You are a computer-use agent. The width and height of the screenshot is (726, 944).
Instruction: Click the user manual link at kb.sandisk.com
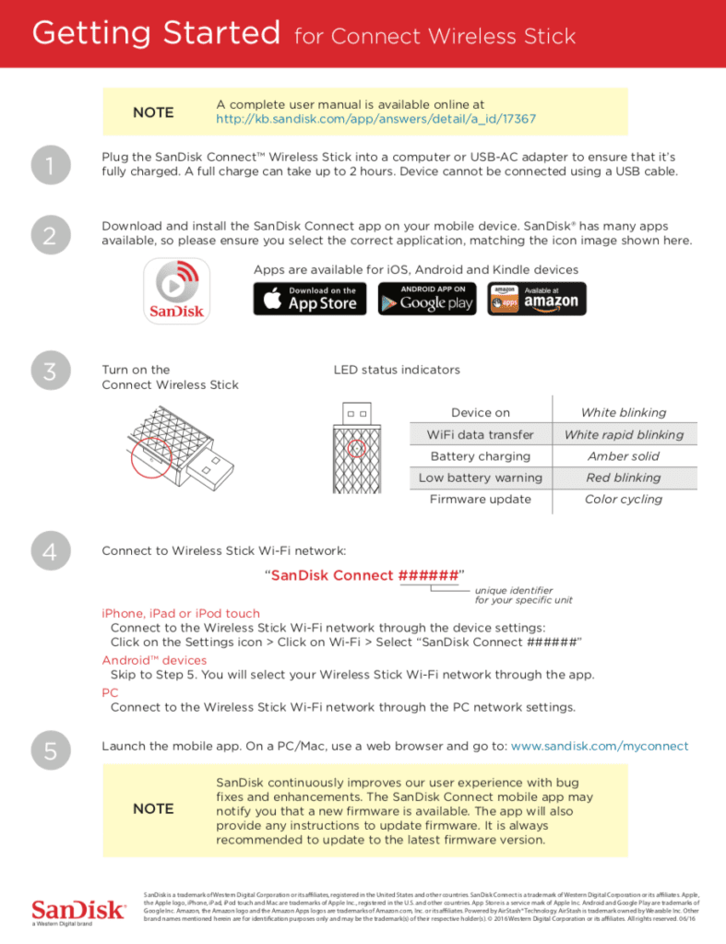[x=375, y=120]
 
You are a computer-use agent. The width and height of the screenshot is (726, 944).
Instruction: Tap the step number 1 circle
[x=50, y=165]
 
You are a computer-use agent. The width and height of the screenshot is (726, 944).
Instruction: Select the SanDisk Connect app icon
[x=176, y=291]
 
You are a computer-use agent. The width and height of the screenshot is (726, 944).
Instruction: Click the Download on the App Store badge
[x=311, y=299]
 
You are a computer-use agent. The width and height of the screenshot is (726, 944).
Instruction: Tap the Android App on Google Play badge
[x=424, y=299]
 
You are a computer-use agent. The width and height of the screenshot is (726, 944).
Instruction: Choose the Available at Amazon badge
[x=537, y=299]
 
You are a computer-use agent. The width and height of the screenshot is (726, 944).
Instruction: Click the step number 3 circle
[x=50, y=372]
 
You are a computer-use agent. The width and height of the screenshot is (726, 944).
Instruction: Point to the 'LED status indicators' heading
[x=396, y=370]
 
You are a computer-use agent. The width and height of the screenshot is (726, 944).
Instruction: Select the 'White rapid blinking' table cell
[x=624, y=434]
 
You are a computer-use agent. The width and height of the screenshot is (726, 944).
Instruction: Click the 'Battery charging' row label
[x=480, y=456]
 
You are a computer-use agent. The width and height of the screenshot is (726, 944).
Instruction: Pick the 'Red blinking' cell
[x=624, y=478]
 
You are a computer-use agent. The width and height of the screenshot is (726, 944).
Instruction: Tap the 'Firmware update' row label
[x=480, y=499]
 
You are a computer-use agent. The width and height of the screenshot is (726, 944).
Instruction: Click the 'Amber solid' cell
[x=624, y=456]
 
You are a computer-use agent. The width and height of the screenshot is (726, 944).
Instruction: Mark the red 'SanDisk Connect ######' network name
[x=364, y=575]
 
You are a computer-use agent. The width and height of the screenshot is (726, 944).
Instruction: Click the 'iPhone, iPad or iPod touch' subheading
[x=181, y=613]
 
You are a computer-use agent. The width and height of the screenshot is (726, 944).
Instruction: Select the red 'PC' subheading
[x=110, y=692]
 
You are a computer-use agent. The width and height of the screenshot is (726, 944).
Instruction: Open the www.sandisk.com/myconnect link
[x=600, y=746]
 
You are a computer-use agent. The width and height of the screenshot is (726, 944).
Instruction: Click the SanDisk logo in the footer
[x=78, y=909]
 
